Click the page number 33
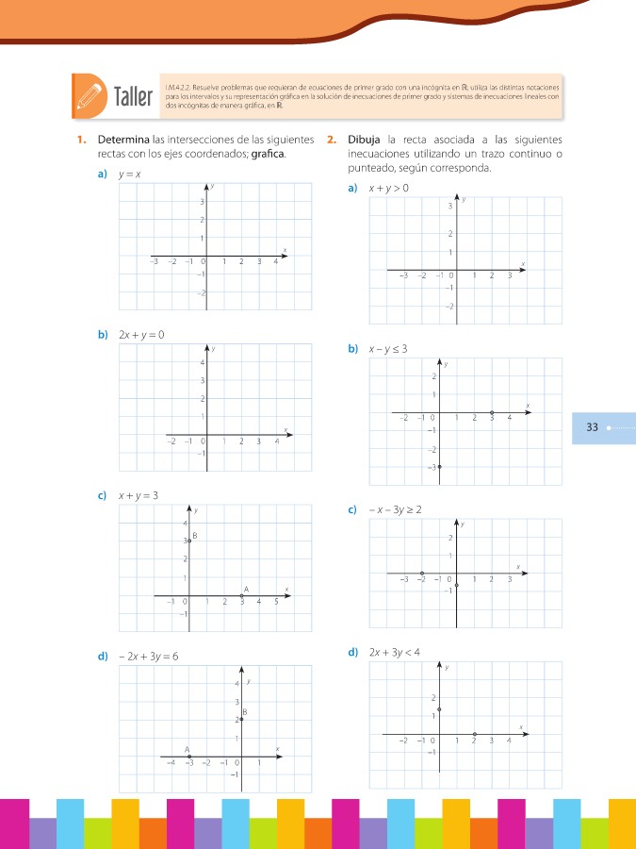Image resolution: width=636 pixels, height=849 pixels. [x=593, y=427]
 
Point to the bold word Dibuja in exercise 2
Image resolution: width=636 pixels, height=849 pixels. [x=363, y=141]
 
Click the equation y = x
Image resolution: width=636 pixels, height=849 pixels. [x=129, y=175]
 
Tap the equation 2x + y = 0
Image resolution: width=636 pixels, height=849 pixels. [x=141, y=334]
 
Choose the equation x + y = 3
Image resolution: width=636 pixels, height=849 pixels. [x=138, y=494]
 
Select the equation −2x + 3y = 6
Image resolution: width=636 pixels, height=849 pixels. [x=149, y=656]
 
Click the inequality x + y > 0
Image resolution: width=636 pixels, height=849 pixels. [x=388, y=189]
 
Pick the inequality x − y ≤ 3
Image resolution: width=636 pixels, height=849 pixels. [x=387, y=348]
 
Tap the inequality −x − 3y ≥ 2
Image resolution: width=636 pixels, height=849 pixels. [x=394, y=510]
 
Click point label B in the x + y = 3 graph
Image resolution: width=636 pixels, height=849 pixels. [x=194, y=536]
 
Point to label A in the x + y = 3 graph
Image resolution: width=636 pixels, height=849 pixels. [x=246, y=589]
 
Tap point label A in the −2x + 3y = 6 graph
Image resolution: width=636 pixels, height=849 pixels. [x=188, y=748]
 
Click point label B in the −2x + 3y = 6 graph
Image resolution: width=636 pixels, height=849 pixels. [x=245, y=711]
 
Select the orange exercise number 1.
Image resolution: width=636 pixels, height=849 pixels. [x=81, y=141]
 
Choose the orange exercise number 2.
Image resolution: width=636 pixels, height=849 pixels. [x=331, y=141]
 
